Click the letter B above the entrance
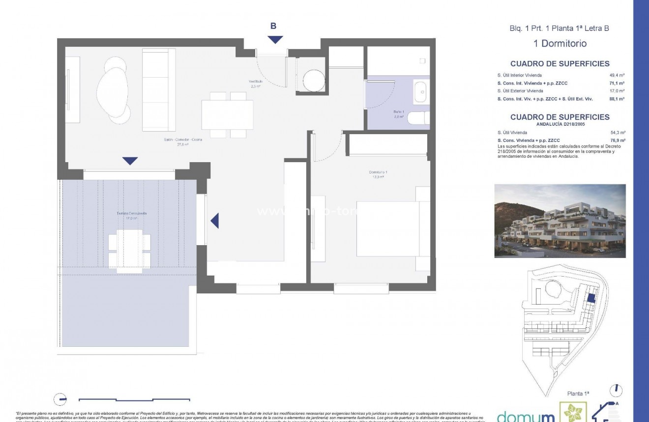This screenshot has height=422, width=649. pyautogui.click(x=273, y=27)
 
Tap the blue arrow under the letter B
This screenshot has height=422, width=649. pyautogui.click(x=275, y=40)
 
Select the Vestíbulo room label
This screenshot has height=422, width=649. pyautogui.click(x=255, y=84)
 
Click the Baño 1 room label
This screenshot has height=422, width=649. pyautogui.click(x=398, y=114)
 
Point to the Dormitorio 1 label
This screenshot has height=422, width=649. pyautogui.click(x=379, y=174)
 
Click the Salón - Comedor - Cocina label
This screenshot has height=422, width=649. pyautogui.click(x=183, y=142)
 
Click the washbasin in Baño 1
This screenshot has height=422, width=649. pyautogui.click(x=420, y=93)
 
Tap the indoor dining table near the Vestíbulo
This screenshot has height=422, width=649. pyautogui.click(x=227, y=114)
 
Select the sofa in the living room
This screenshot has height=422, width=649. pyautogui.click(x=158, y=90)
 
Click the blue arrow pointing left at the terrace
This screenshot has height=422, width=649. pyautogui.click(x=214, y=221)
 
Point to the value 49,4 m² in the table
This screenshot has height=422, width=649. pyautogui.click(x=617, y=76)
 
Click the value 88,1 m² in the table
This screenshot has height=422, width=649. pyautogui.click(x=617, y=99)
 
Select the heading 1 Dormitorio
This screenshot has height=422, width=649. pyautogui.click(x=560, y=44)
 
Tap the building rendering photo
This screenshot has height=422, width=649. pyautogui.click(x=560, y=221)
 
